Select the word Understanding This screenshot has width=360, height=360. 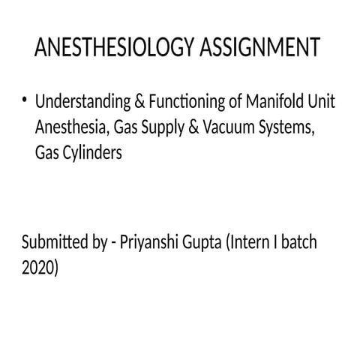82,103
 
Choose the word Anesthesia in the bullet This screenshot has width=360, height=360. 71,127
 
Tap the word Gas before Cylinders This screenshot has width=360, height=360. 46,151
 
